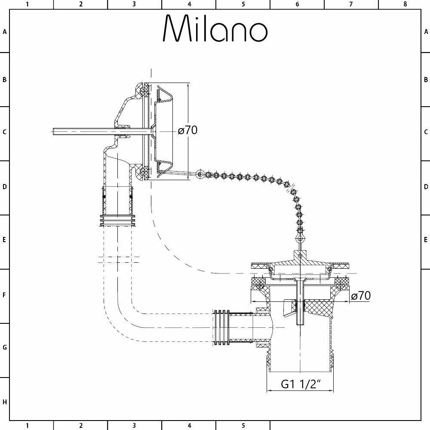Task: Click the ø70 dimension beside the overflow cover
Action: pyautogui.click(x=188, y=130)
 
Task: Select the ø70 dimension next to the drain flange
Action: pyautogui.click(x=361, y=296)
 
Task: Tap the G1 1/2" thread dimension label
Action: pyautogui.click(x=301, y=384)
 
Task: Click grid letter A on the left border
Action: pyautogui.click(x=5, y=31)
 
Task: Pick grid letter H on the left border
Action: pyautogui.click(x=5, y=402)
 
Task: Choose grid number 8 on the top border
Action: pyautogui.click(x=405, y=4)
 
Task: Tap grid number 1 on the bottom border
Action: pyautogui.click(x=27, y=426)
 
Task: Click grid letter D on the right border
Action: pyautogui.click(x=426, y=187)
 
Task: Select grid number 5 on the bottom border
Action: pyautogui.click(x=243, y=426)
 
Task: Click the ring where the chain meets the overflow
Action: pyautogui.click(x=199, y=174)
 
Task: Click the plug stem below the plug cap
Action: pyautogui.click(x=300, y=301)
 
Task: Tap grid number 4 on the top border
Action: pyautogui.click(x=189, y=4)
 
